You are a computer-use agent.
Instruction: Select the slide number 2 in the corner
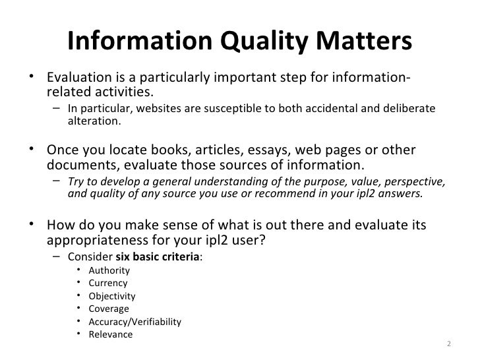449,344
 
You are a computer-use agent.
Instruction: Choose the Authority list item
109,270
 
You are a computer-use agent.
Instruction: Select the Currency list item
107,284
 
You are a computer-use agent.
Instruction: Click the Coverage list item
108,309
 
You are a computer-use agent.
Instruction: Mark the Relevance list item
110,334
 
